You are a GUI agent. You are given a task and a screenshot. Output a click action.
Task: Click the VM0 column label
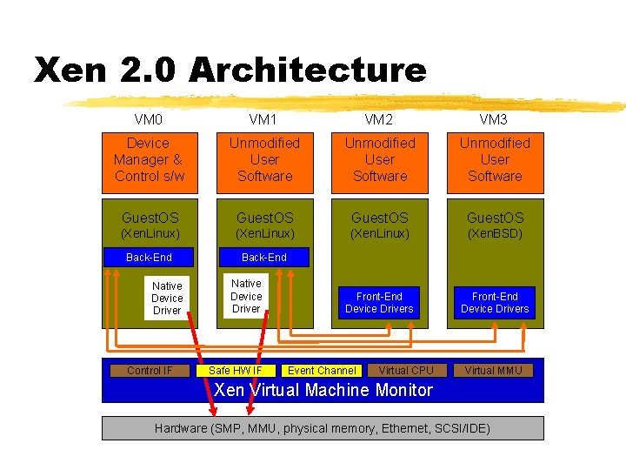[x=149, y=119]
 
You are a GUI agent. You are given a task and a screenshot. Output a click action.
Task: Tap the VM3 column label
[x=494, y=119]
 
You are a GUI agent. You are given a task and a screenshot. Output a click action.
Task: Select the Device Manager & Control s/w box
[x=150, y=159]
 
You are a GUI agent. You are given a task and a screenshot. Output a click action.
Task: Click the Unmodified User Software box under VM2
[x=380, y=159]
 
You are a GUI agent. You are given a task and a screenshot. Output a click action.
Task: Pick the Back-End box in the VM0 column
[x=149, y=257]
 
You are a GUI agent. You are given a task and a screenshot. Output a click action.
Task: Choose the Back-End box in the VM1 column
[x=263, y=257]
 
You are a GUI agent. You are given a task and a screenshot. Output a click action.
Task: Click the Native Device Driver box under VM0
[x=167, y=298]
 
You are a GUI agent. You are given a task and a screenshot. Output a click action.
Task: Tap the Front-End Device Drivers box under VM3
[x=495, y=303]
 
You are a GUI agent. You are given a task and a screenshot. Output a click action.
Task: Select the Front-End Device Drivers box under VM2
[x=379, y=303]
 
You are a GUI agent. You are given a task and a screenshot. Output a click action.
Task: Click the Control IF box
[x=149, y=371]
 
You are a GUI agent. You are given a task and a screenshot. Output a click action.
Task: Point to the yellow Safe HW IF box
[x=235, y=371]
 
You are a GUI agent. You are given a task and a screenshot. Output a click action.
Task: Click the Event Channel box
[x=322, y=371]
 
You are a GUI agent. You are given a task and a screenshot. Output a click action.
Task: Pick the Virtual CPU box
[x=406, y=371]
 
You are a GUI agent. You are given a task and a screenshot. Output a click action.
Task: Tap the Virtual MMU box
[x=494, y=371]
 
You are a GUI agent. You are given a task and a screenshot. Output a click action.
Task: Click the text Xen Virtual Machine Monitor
[x=323, y=390]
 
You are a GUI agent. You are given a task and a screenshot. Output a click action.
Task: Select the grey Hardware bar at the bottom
[x=323, y=428]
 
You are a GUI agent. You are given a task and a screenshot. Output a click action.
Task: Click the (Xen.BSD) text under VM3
[x=495, y=234]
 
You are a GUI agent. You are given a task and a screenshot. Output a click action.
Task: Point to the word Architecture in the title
[x=307, y=70]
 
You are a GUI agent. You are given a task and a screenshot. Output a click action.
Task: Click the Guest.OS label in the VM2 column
[x=380, y=218]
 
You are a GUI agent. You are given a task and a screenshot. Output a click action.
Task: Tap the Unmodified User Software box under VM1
[x=264, y=159]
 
